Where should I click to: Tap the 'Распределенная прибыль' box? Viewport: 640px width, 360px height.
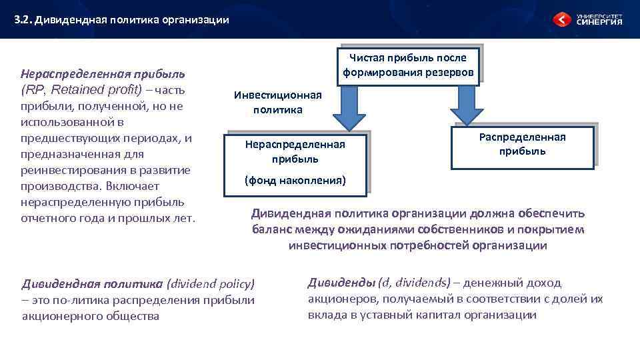[522, 144]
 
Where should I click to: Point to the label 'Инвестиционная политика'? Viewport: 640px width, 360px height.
[277, 102]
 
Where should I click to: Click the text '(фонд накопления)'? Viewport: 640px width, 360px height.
[295, 180]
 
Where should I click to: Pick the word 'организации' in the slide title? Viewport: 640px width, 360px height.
[197, 20]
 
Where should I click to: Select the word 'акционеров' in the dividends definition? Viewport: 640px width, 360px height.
[337, 299]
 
